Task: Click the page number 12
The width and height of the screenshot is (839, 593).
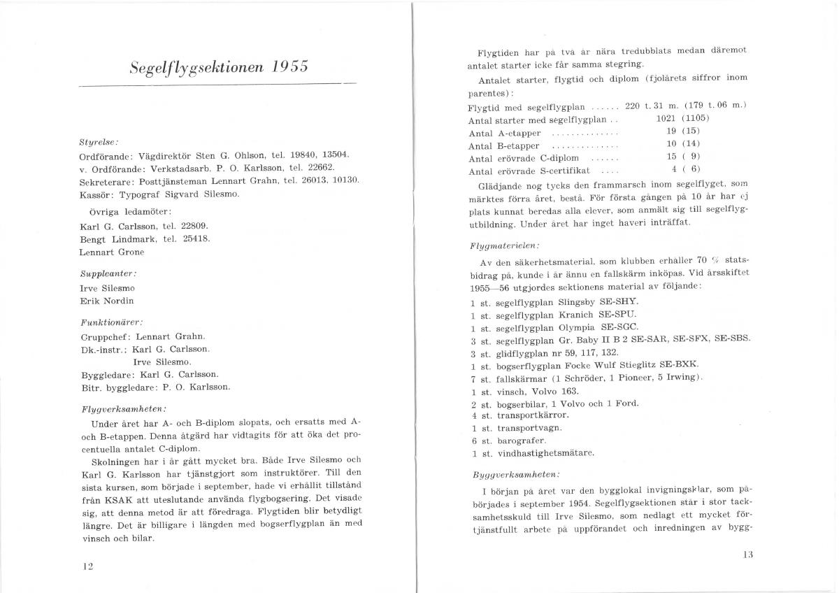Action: coord(87,566)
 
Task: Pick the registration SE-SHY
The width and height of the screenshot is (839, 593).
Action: coord(619,302)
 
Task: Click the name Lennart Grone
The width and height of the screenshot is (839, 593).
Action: coord(113,251)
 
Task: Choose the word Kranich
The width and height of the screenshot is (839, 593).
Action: coord(575,315)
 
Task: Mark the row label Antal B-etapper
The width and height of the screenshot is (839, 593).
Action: coord(503,145)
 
